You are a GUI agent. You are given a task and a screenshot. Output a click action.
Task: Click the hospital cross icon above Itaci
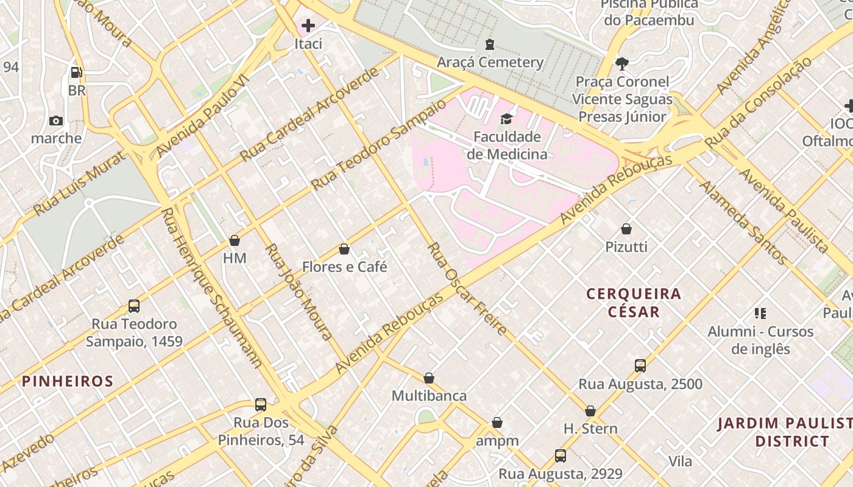tap(308, 26)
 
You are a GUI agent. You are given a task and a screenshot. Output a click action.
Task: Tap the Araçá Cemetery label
tap(490, 62)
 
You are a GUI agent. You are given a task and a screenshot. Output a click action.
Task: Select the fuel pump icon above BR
tap(77, 72)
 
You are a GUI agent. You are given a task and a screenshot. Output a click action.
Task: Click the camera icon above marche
tap(56, 121)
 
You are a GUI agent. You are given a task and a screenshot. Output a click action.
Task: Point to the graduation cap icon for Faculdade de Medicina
tap(506, 119)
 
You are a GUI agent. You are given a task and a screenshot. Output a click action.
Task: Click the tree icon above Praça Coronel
tap(622, 63)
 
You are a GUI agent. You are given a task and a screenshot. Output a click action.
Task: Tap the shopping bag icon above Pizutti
tap(626, 229)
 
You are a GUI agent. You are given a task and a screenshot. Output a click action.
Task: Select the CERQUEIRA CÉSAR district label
tap(634, 303)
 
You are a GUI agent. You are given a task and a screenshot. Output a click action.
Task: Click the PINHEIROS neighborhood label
tap(68, 382)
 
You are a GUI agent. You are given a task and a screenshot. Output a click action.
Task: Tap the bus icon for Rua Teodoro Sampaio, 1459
tap(134, 306)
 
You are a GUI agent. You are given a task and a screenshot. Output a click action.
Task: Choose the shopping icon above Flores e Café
tap(344, 249)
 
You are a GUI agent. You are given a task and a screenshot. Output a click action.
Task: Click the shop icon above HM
tap(235, 240)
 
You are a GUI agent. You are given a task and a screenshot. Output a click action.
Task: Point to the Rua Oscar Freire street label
tap(467, 289)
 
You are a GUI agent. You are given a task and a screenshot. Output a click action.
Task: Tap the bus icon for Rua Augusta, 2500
tap(640, 366)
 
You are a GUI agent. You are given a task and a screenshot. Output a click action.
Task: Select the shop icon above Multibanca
tap(429, 378)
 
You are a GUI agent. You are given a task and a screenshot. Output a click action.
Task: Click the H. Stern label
tap(590, 429)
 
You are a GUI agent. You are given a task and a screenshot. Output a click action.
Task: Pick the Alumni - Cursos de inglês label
tap(760, 340)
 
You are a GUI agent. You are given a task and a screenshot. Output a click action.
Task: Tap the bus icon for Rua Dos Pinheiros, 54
tap(261, 405)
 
